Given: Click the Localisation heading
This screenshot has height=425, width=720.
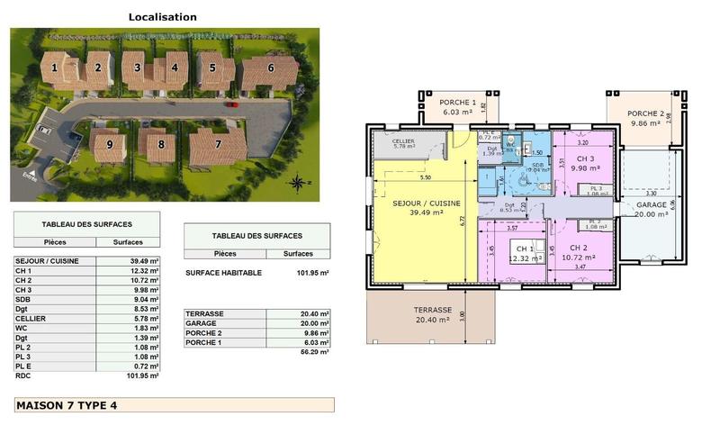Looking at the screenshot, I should [162, 16].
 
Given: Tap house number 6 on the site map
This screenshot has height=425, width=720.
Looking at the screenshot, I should [270, 67].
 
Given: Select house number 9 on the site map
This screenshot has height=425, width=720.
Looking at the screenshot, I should [110, 143].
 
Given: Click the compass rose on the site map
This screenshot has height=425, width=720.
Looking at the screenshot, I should [298, 183].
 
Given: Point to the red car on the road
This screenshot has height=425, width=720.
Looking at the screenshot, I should [232, 104].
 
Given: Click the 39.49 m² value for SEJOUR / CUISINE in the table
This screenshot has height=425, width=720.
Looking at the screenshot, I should [144, 261].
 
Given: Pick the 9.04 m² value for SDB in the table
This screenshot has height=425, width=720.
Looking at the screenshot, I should [145, 300].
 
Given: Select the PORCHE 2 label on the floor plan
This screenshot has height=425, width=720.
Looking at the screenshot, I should [647, 114].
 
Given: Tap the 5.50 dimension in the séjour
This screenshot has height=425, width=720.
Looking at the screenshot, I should [425, 177].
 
